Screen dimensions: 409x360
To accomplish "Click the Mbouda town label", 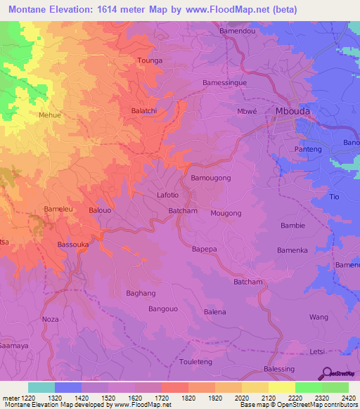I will tap(292, 112).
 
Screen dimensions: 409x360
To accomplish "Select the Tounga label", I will tap(149, 61).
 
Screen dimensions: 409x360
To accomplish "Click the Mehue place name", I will tap(50, 115).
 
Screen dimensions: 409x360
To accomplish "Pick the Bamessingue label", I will tap(222, 82).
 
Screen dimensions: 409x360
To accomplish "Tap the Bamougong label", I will tap(211, 178).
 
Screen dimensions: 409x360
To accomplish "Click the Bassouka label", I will tap(72, 245).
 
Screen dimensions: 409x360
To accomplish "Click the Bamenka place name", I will tap(292, 250).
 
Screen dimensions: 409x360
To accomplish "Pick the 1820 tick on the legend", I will tap(188, 398).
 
